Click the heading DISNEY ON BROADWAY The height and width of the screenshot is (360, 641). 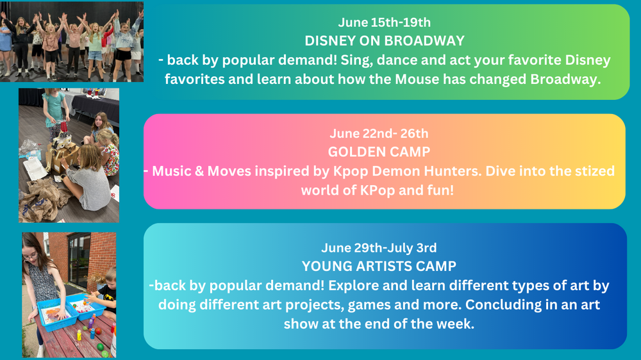(385, 41)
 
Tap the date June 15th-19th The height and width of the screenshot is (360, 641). (384, 22)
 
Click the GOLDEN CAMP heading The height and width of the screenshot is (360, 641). (379, 152)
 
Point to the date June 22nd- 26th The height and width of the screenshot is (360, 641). (379, 133)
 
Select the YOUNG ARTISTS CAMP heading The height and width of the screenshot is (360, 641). (379, 266)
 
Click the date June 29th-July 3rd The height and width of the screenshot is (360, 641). (379, 248)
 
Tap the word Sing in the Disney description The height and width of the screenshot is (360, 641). (356, 60)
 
